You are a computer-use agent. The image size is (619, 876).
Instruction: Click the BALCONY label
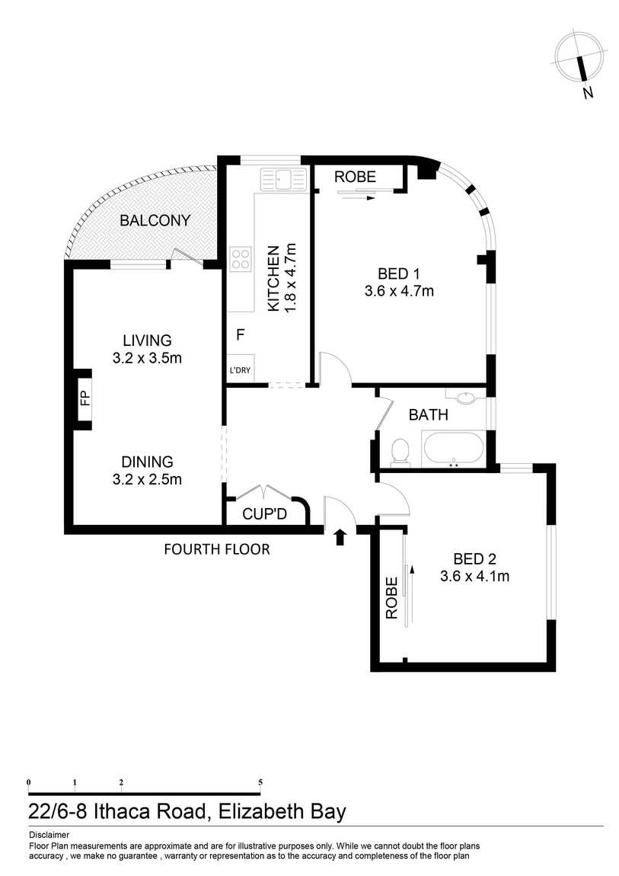point(155,220)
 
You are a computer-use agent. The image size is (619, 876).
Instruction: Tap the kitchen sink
point(283,179)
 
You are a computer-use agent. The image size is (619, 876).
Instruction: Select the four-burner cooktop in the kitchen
point(241,259)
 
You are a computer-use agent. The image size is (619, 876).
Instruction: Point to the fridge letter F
point(241,334)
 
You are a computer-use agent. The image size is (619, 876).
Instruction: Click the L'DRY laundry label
point(240,370)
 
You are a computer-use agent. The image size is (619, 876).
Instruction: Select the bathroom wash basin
point(465,397)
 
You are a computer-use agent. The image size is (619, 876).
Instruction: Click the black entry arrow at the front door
point(340,538)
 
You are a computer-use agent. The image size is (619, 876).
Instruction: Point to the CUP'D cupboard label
point(264,513)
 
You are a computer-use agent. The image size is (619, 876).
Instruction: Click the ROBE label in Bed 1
point(355,177)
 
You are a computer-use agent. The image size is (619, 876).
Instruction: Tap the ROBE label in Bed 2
point(392,598)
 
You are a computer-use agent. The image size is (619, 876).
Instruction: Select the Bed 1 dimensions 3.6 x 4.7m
point(399,291)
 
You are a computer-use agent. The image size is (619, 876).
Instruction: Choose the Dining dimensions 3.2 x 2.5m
point(148,479)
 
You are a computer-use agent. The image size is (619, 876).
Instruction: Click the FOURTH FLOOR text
point(216,550)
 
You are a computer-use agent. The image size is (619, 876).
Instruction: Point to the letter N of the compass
point(587,93)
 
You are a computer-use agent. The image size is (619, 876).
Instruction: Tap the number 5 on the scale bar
point(260,783)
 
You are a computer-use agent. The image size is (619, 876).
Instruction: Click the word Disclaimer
point(49,835)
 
